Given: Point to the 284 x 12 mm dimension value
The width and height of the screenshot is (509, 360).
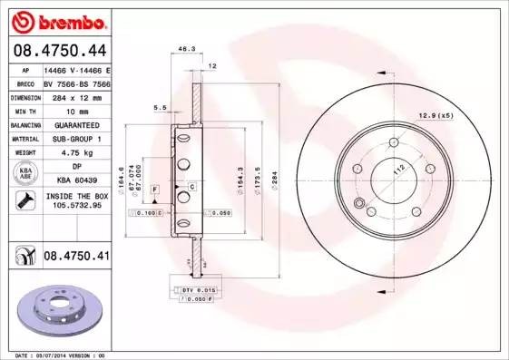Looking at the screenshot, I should [x=75, y=97].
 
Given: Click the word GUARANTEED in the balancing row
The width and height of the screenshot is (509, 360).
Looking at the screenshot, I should [x=75, y=124].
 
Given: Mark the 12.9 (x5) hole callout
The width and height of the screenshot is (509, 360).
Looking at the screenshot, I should [x=436, y=116].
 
